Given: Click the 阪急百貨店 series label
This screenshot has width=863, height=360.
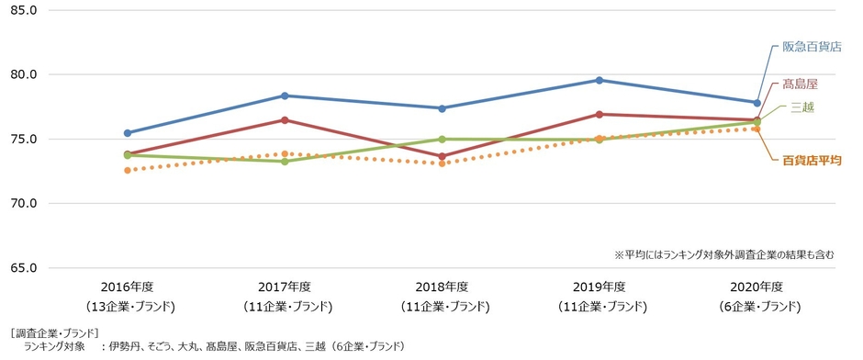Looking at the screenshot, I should (812, 47).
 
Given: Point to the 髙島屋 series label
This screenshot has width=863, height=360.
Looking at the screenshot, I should (800, 84).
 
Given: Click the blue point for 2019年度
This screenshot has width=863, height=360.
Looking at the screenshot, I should (600, 80).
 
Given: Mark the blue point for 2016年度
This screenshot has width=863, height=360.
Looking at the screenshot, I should (128, 133).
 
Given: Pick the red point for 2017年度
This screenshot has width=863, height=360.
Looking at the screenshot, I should (286, 120).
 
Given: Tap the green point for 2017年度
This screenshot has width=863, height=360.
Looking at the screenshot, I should (286, 162).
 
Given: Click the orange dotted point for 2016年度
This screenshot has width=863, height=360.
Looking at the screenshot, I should (128, 170).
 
